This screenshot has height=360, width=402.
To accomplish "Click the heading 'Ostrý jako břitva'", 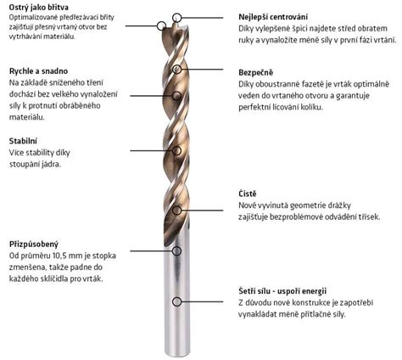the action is [x=39, y=7].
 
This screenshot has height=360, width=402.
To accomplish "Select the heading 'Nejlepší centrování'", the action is [x=273, y=17].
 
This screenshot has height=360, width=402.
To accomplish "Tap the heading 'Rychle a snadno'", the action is [x=38, y=70].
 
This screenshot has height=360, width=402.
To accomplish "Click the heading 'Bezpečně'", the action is [x=256, y=73].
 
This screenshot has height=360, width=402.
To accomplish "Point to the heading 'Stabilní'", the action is [x=23, y=141].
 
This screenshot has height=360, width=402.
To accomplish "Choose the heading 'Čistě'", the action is [x=248, y=194].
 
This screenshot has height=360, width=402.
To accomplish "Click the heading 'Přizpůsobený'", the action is [x=34, y=245].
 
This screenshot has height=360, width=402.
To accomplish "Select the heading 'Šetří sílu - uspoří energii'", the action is [x=282, y=291].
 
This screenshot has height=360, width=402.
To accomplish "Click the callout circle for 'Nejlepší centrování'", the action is [x=176, y=18].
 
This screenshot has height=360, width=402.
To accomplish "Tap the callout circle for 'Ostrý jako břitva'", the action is [x=161, y=25].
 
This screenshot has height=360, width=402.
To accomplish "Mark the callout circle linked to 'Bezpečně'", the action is [x=177, y=69].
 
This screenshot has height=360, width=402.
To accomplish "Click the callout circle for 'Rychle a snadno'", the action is [x=176, y=96].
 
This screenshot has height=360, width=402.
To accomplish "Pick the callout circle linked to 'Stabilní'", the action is [x=176, y=150].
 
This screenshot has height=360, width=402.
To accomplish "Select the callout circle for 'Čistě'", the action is [x=177, y=211].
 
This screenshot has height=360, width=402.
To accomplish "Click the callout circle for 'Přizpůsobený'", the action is [x=176, y=250].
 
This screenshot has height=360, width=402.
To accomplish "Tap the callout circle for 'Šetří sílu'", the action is [x=176, y=301].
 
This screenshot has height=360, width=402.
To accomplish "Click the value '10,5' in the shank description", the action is [x=60, y=256].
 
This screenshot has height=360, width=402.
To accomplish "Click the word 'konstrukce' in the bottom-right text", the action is [x=311, y=303].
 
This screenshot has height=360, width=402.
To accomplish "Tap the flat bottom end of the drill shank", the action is [x=177, y=356].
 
